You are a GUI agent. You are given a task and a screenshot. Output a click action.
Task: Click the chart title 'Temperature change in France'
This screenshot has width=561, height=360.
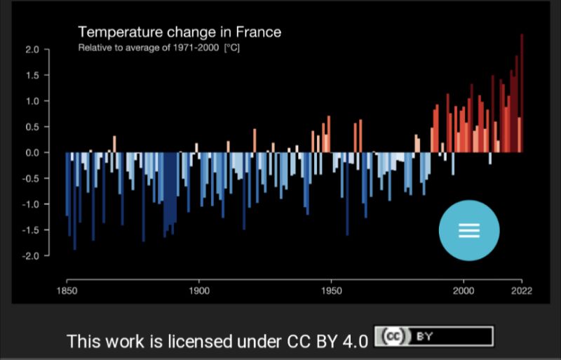[x=179, y=32]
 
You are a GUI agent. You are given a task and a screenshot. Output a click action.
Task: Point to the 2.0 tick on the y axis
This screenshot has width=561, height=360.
[x=32, y=50]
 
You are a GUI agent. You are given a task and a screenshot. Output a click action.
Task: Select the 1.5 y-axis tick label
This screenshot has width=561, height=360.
[x=32, y=76]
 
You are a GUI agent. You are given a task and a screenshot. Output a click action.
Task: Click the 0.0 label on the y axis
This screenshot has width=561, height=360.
[x=32, y=153]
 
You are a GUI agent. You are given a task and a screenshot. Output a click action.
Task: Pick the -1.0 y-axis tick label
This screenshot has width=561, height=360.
[x=30, y=204]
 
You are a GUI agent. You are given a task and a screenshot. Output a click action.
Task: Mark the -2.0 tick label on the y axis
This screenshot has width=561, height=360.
[x=30, y=256]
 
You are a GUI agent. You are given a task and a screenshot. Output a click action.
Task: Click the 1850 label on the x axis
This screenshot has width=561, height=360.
[x=67, y=291]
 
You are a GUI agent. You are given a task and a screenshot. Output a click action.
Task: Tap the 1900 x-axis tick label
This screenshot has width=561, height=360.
[x=199, y=291]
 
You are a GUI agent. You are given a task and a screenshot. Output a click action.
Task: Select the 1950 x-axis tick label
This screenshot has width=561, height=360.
[x=332, y=291]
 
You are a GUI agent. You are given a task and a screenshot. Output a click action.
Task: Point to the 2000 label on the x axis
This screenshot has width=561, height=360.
[x=464, y=291]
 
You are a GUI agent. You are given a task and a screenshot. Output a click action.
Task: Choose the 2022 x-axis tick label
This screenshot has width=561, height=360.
[x=521, y=291]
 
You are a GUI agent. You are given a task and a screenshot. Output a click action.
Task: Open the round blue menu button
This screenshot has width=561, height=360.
[x=469, y=231]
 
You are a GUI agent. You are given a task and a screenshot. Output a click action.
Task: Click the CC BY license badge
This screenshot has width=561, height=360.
[x=433, y=337]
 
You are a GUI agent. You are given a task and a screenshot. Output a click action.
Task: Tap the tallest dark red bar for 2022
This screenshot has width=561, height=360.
[x=522, y=91]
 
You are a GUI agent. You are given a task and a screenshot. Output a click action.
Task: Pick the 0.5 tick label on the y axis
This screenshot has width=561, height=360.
[x=32, y=127]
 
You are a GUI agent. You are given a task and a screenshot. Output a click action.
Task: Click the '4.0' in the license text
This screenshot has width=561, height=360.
[x=354, y=342]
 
